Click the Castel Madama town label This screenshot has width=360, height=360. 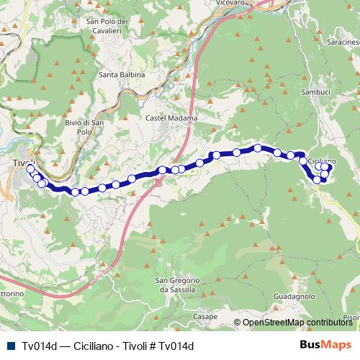click(x=166, y=117)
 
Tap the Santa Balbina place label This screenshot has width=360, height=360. click(x=122, y=75)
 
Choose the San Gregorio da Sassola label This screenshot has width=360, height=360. click(x=174, y=284)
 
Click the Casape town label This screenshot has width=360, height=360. click(x=205, y=316)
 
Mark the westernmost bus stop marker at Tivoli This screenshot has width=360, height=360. click(x=30, y=168)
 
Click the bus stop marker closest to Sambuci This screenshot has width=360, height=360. click(x=303, y=161)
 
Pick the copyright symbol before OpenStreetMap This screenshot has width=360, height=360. click(x=238, y=323)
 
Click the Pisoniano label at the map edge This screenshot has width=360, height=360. click(x=352, y=317)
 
